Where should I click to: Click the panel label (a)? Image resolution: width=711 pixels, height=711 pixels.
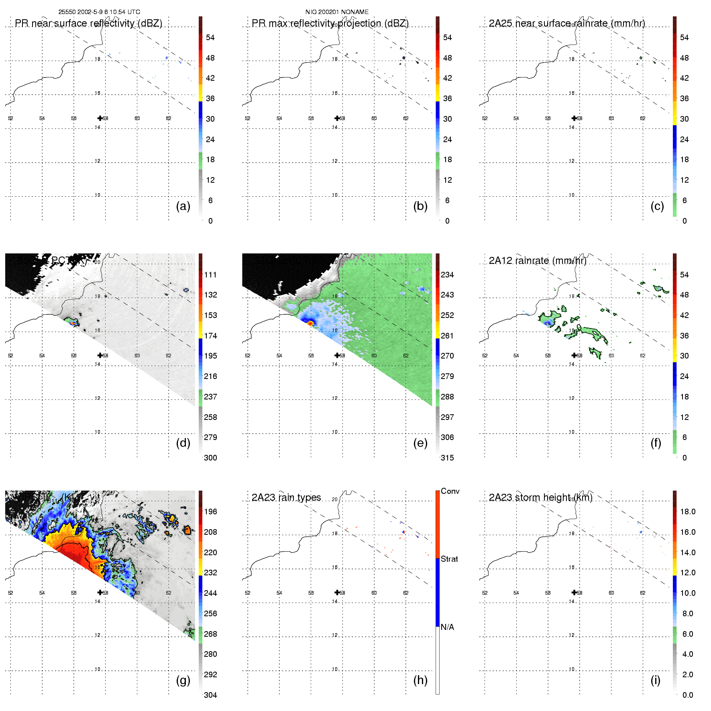point(183,206)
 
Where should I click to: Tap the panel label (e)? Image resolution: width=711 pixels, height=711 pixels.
point(420,443)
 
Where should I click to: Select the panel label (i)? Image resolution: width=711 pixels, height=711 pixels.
point(655,680)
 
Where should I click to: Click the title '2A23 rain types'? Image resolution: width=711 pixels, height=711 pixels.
point(286,497)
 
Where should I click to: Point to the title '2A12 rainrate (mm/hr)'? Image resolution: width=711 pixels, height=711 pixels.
point(538,261)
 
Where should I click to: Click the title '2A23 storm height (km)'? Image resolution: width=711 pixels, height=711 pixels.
point(540,497)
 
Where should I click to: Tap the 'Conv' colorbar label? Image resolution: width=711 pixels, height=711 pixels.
point(450,491)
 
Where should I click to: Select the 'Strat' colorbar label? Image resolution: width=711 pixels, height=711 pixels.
point(449,559)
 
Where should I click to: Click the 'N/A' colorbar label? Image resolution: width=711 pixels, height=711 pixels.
point(447,627)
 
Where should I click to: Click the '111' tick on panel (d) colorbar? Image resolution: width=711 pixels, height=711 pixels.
point(210,275)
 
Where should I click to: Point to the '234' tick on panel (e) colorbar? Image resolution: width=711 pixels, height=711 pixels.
point(447,275)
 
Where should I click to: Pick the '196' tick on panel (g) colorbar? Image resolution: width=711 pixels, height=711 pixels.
point(210,511)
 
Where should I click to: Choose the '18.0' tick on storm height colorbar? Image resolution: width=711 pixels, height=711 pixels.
point(688,511)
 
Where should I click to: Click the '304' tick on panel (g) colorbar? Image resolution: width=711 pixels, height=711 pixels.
point(210,695)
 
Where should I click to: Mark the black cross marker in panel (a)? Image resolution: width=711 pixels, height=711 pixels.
point(100,118)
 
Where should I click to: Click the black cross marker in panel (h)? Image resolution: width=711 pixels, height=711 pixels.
point(337,592)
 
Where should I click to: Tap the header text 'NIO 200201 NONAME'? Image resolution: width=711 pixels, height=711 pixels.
point(337,12)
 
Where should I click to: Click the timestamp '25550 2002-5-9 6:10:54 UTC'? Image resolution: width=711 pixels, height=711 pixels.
point(99,12)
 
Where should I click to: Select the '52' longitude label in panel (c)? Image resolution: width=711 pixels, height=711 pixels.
point(485,118)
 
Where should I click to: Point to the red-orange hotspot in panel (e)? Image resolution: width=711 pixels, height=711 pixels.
point(310,322)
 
